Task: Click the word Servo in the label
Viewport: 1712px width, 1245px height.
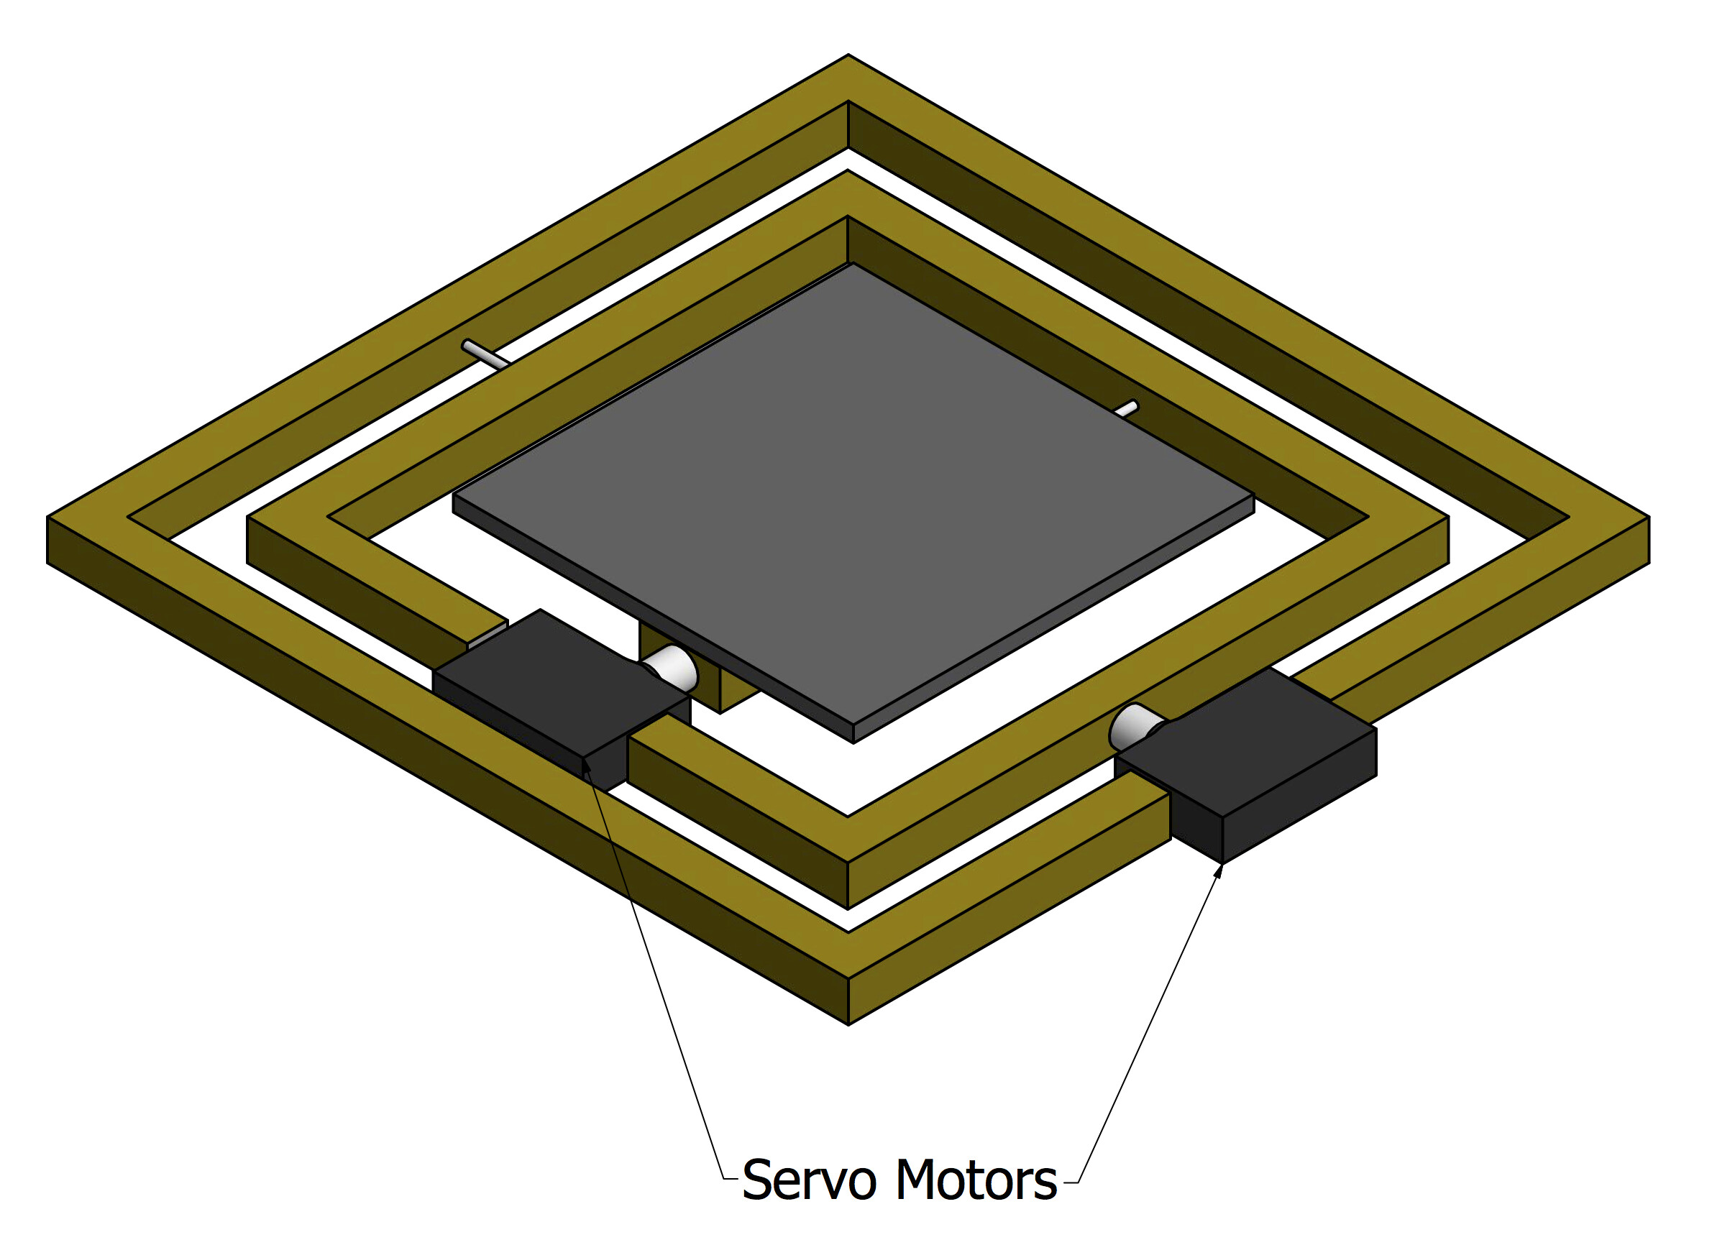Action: click(808, 1180)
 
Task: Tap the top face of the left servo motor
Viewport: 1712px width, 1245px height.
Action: click(562, 684)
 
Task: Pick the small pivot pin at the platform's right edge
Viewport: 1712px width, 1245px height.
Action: click(1126, 408)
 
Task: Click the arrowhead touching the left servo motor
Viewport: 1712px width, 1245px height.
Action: click(587, 769)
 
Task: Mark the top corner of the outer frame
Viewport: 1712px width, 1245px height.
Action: click(848, 55)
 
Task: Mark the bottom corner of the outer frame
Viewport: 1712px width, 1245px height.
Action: click(848, 1024)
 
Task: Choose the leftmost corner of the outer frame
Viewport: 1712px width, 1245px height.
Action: click(47, 518)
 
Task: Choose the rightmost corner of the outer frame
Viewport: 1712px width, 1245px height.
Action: click(1649, 518)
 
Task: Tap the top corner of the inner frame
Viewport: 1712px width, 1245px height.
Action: click(848, 170)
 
